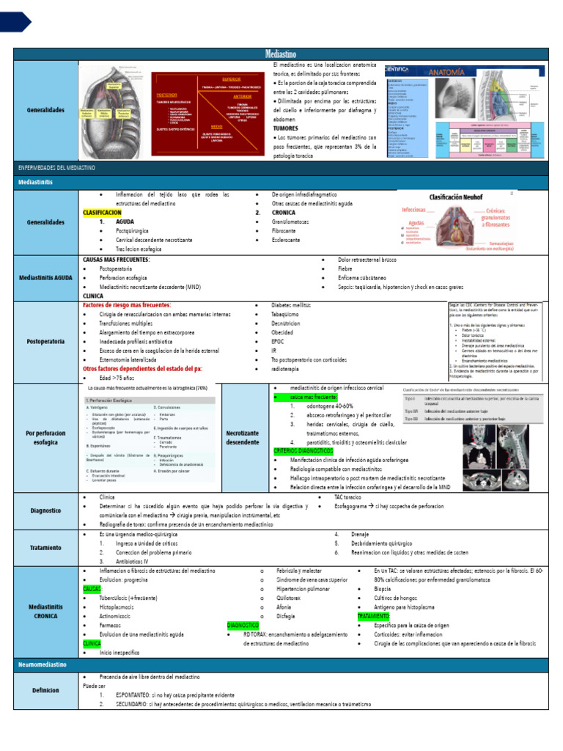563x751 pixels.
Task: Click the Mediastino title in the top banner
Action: coord(281,54)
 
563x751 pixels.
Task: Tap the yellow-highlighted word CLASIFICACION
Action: coord(102,212)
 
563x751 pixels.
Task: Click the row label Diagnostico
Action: coord(46,510)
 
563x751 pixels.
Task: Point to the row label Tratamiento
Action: coord(46,547)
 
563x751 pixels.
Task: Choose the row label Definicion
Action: coord(46,690)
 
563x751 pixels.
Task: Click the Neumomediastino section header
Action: coord(43,664)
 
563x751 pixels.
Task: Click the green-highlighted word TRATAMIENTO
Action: coord(375,617)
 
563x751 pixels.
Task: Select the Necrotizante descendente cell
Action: coord(243,438)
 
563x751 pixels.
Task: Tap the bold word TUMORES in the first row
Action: coord(286,128)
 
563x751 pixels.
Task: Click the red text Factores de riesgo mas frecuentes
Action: coord(127,305)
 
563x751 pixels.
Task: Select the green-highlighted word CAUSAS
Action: coord(92,589)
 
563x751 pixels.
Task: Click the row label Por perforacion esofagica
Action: coord(46,438)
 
